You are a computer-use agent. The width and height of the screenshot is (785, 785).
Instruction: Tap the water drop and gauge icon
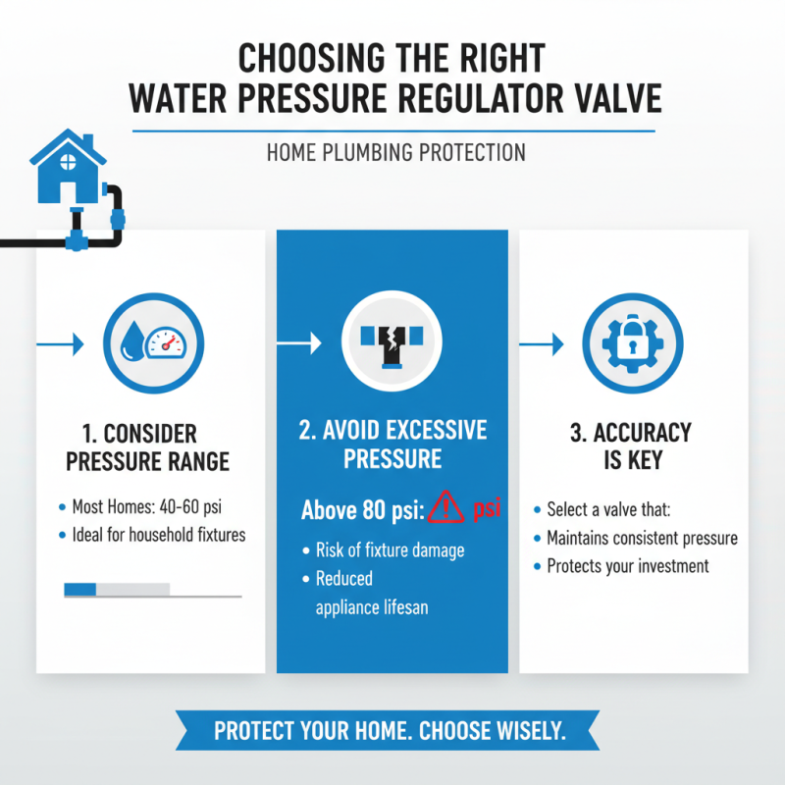point(149,343)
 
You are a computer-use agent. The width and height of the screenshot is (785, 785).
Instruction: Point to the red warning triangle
point(446,508)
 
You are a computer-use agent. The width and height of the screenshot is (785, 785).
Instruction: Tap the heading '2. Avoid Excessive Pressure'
point(392,445)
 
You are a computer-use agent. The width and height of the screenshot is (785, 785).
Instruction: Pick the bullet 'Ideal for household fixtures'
point(158,535)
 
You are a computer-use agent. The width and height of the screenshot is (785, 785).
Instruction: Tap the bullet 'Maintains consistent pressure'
point(642,538)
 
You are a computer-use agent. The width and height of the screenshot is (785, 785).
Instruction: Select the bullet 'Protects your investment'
point(627,566)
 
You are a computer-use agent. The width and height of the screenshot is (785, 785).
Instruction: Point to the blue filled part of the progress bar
point(80,589)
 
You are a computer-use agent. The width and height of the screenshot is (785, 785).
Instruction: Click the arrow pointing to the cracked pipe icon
point(300,343)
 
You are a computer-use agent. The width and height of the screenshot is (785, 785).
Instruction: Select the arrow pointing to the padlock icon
point(542,343)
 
